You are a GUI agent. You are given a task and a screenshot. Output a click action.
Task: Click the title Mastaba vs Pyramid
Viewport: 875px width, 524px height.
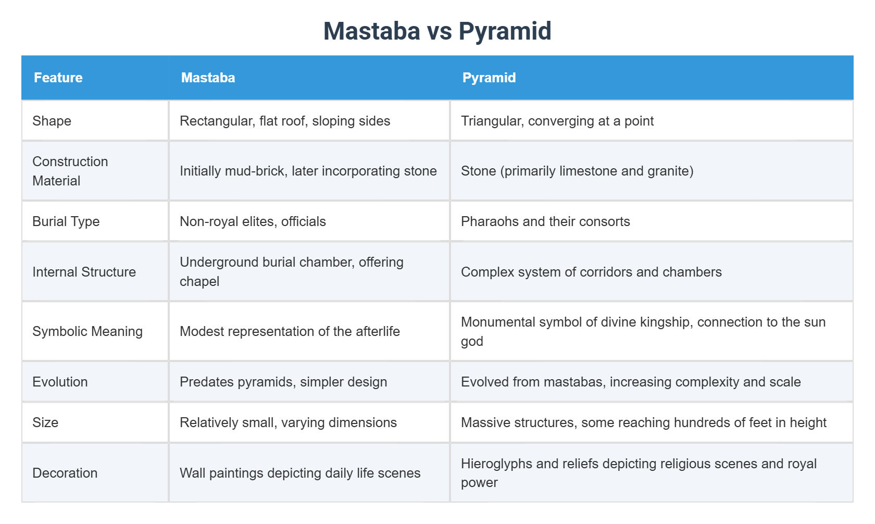437,31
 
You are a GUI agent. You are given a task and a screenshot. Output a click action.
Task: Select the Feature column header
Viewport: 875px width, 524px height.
58,78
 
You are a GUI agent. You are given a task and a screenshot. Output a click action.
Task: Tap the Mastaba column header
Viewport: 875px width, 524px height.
208,78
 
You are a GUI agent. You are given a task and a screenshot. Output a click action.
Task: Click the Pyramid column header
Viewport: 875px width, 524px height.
489,78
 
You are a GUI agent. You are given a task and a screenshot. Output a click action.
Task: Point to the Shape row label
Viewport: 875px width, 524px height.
52,121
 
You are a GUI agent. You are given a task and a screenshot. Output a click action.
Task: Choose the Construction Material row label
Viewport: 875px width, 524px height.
70,171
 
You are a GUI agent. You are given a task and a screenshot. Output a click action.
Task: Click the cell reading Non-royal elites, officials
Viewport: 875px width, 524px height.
253,221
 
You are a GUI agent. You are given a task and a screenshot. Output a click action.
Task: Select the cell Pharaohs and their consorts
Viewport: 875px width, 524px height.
545,221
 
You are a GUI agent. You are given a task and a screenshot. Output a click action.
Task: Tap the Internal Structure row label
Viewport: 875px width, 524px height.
84,272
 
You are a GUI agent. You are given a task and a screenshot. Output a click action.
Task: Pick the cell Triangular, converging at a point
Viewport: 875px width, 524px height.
557,121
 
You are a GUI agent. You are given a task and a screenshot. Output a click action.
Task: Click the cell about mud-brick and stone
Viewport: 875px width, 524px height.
308,171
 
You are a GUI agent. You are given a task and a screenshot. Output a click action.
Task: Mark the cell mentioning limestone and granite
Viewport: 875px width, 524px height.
577,171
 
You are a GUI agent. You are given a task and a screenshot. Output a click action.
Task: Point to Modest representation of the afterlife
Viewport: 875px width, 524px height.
290,331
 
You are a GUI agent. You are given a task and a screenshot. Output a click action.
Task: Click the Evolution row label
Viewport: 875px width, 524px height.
60,382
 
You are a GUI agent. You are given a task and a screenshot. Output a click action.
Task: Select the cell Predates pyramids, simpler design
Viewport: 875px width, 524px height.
283,382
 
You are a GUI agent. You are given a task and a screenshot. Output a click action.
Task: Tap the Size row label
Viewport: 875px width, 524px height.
45,422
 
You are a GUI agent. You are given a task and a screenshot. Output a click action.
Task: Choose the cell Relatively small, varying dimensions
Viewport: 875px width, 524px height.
288,422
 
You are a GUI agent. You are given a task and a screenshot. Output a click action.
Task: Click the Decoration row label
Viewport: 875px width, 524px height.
65,473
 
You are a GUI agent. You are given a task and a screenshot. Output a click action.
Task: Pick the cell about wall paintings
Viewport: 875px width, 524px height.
300,473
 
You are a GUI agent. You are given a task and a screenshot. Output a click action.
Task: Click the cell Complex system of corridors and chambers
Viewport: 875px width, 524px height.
591,272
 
